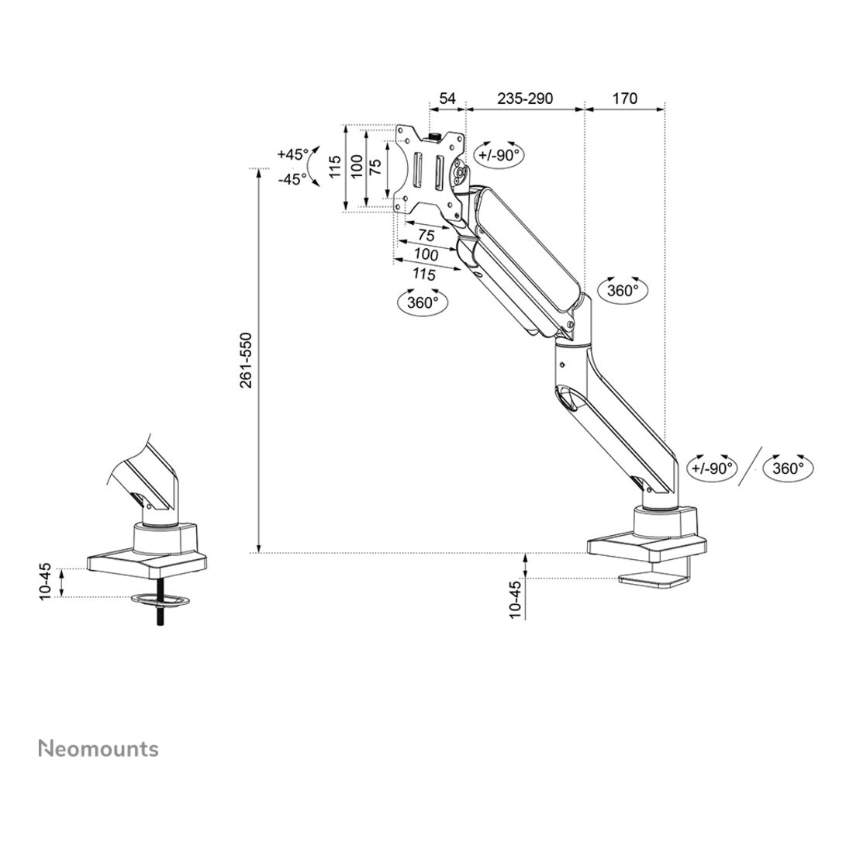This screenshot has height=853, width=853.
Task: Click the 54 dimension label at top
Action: click(447, 98)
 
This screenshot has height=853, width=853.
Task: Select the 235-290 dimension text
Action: click(525, 98)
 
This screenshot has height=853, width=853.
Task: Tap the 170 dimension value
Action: click(624, 98)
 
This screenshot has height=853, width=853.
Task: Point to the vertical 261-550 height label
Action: click(246, 360)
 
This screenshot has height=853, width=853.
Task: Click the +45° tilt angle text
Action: click(292, 154)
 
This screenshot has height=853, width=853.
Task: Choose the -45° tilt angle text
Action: click(292, 179)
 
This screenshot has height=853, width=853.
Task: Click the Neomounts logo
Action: click(98, 748)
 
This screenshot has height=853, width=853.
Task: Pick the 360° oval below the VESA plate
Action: click(423, 302)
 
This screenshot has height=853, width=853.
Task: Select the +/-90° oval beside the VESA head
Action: click(499, 156)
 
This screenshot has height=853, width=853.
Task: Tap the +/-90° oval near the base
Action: click(712, 468)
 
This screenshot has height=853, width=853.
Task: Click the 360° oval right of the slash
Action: click(789, 468)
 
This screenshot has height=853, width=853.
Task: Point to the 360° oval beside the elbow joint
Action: click(623, 291)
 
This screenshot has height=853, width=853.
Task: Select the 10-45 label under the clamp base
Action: click(516, 600)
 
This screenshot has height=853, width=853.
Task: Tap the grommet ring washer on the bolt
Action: click(161, 599)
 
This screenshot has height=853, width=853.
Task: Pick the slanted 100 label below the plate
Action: click(426, 254)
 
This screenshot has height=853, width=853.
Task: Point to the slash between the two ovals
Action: click(750, 467)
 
